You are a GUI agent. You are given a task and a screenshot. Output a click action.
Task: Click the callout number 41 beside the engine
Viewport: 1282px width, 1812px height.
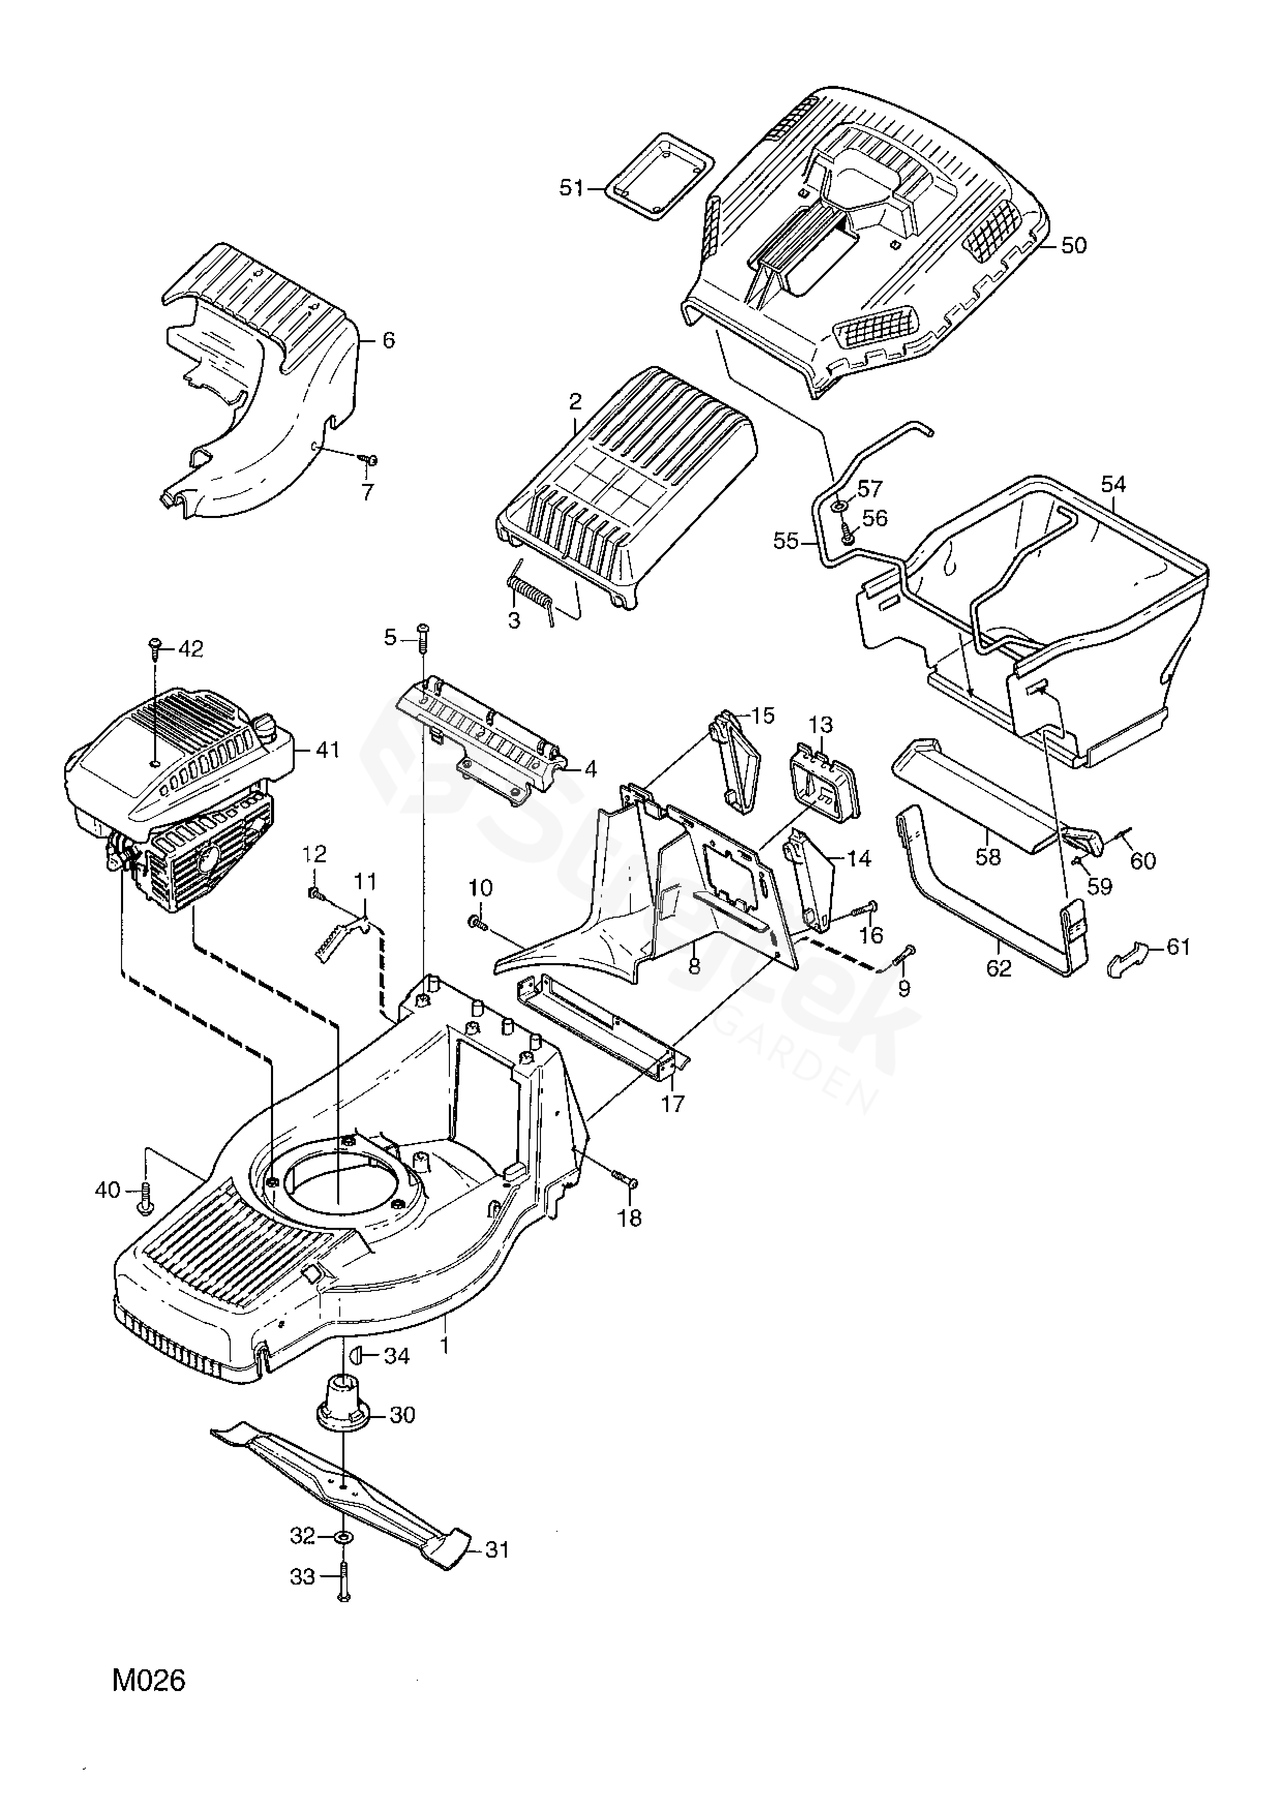327,749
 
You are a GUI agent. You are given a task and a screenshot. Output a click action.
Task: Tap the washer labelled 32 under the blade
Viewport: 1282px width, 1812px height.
344,1538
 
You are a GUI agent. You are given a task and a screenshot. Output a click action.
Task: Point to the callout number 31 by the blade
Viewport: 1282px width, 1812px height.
496,1550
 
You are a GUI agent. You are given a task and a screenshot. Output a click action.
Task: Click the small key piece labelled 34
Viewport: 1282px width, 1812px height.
354,1356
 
